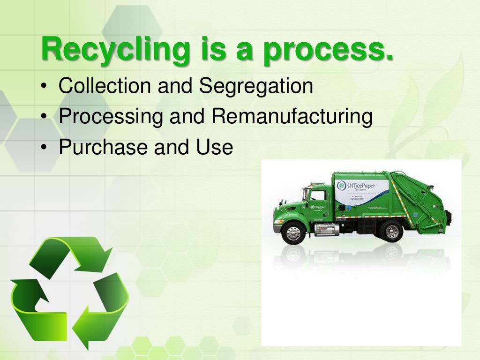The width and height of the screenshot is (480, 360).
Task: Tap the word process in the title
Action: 328,51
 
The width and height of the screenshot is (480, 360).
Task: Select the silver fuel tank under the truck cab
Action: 326,229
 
